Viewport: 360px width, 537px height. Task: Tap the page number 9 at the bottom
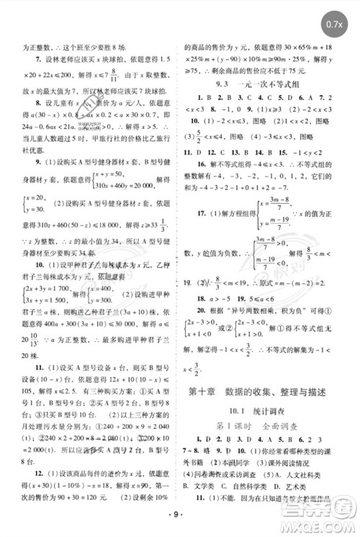pyautogui.click(x=179, y=516)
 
